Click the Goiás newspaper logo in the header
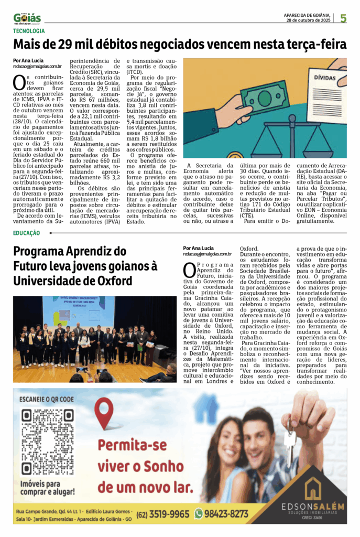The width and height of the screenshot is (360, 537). click(27, 18)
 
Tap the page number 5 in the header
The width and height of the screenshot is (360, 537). click(343, 19)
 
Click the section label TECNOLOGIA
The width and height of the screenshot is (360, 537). click(29, 31)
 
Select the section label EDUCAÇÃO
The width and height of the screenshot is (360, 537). click(27, 233)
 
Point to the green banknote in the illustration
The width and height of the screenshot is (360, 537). click(264, 97)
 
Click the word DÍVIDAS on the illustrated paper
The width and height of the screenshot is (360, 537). click(325, 78)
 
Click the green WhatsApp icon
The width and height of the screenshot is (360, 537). click(199, 513)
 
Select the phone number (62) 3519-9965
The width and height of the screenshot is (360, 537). click(163, 514)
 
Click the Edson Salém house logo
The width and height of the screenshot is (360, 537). click(313, 487)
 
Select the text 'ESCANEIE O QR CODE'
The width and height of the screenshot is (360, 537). click(47, 399)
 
